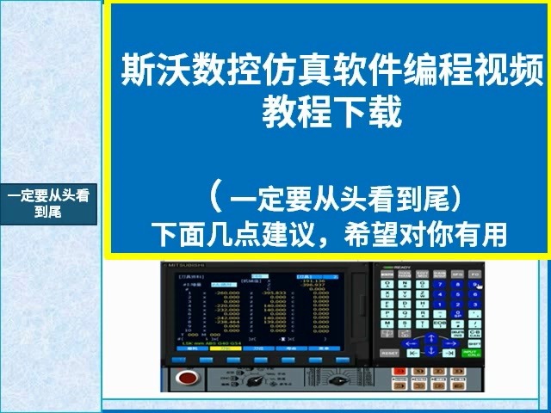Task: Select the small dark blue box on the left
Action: [x=49, y=203]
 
